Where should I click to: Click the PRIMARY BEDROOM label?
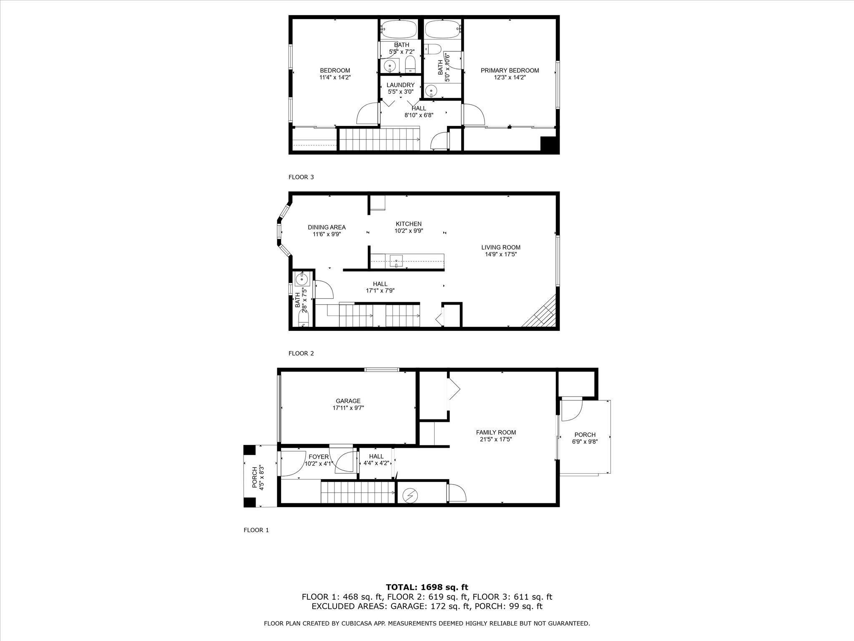pyautogui.click(x=510, y=71)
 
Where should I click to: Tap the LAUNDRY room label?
pyautogui.click(x=400, y=85)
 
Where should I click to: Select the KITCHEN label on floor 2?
pyautogui.click(x=408, y=224)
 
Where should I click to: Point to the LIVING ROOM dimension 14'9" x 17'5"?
pyautogui.click(x=501, y=254)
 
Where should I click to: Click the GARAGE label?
pyautogui.click(x=348, y=401)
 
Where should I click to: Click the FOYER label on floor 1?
pyautogui.click(x=319, y=457)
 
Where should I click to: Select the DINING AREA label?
pyautogui.click(x=327, y=227)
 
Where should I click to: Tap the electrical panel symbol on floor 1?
pyautogui.click(x=411, y=495)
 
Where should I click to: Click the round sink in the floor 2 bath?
pyautogui.click(x=301, y=279)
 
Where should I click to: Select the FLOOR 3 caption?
pyautogui.click(x=301, y=177)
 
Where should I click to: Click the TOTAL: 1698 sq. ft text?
pyautogui.click(x=427, y=587)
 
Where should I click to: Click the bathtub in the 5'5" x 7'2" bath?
pyautogui.click(x=399, y=29)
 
